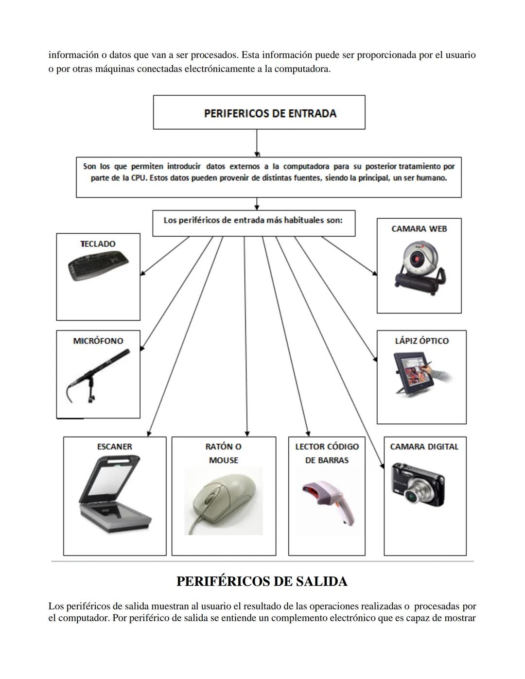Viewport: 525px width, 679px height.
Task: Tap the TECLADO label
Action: (98, 244)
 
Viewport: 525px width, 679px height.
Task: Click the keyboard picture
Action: (99, 266)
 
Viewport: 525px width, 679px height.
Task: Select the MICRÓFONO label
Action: (98, 341)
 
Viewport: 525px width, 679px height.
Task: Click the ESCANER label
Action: (114, 447)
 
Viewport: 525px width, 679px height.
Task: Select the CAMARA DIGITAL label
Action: (424, 447)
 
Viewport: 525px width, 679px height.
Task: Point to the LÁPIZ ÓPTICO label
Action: (421, 341)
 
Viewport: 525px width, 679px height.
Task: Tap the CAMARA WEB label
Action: (419, 229)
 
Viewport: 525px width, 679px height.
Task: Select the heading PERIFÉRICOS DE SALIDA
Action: (262, 581)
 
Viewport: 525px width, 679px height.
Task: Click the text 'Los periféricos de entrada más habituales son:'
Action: (253, 221)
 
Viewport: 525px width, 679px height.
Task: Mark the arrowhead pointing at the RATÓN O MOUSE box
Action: (247, 433)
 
